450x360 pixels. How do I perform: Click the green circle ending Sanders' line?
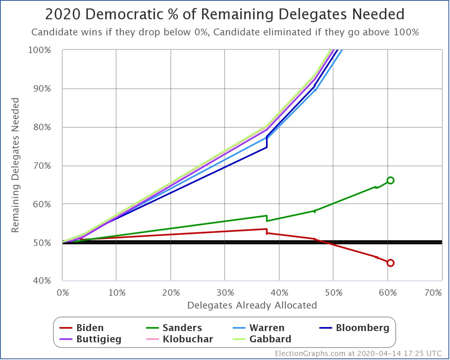390,180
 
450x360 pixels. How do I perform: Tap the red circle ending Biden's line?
390,263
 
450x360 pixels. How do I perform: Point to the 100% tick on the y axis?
51,50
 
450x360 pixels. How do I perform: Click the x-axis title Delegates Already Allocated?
252,305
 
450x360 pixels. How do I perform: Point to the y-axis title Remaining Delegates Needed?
15,165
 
